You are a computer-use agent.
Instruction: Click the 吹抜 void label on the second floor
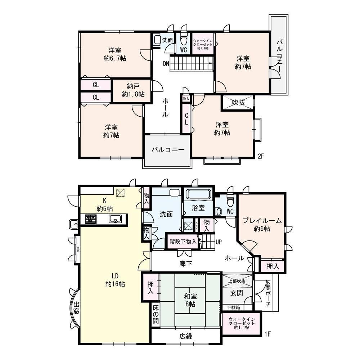point(238,103)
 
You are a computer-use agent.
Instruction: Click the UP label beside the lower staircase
point(218,242)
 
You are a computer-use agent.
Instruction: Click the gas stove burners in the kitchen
point(91,219)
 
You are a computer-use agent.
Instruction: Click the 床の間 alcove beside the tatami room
point(155,315)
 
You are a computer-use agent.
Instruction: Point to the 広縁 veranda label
point(186,337)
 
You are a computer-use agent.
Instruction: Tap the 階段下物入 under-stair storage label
point(183,242)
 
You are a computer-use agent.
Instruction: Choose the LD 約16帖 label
point(115,280)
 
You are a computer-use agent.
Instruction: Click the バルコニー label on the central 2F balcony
point(167,149)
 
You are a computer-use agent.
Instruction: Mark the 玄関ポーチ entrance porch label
point(268,293)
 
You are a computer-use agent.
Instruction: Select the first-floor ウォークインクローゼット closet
point(242,323)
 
